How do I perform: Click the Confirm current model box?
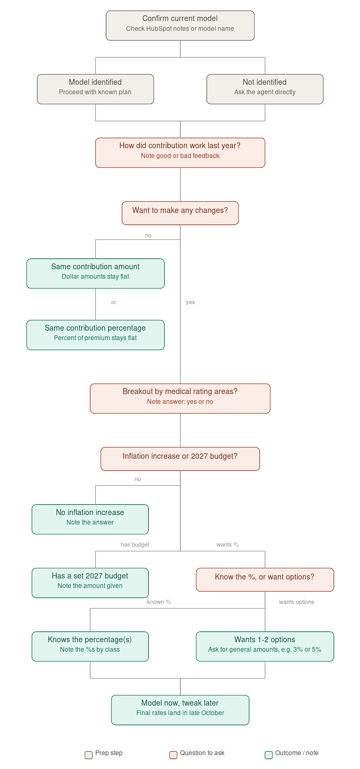coord(180,25)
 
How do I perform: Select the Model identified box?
coord(95,89)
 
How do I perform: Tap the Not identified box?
coord(265,89)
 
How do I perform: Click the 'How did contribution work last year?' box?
coord(180,153)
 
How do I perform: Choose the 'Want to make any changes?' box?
coord(180,213)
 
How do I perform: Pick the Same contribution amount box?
coord(95,274)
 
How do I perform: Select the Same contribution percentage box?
coord(95,335)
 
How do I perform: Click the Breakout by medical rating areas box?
coord(180,398)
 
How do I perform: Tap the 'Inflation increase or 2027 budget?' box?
coord(180,459)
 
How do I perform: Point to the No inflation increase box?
coord(90,519)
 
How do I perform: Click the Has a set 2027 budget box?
coord(90,583)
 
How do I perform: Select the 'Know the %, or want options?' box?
coord(265,580)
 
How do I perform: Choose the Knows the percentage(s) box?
coord(90,647)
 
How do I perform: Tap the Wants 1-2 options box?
coord(265,647)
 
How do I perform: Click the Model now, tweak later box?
coord(180,710)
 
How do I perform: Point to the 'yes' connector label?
coord(190,302)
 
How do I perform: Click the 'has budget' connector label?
coord(135,545)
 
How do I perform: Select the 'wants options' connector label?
coord(296,602)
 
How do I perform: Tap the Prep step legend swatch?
coord(88,755)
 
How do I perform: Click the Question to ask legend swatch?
coord(173,755)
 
